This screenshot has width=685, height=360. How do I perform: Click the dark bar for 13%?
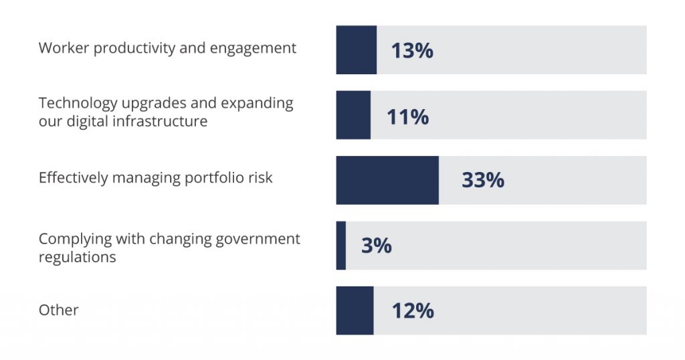[356, 50]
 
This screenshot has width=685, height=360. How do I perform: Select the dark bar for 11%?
[353, 115]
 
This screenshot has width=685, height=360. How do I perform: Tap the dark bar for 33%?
[387, 180]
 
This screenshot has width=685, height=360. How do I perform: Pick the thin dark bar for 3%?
[341, 246]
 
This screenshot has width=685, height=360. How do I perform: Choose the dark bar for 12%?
[355, 310]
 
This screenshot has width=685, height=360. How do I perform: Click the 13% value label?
[412, 51]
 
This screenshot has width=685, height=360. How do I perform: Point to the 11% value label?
[407, 116]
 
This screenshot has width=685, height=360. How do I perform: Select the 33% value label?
[482, 181]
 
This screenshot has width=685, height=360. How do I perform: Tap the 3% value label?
[376, 246]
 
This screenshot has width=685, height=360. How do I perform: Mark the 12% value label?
[413, 311]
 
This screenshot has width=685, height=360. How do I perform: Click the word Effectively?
[73, 178]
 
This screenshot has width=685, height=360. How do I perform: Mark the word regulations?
[77, 257]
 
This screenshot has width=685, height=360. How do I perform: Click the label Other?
[58, 310]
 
